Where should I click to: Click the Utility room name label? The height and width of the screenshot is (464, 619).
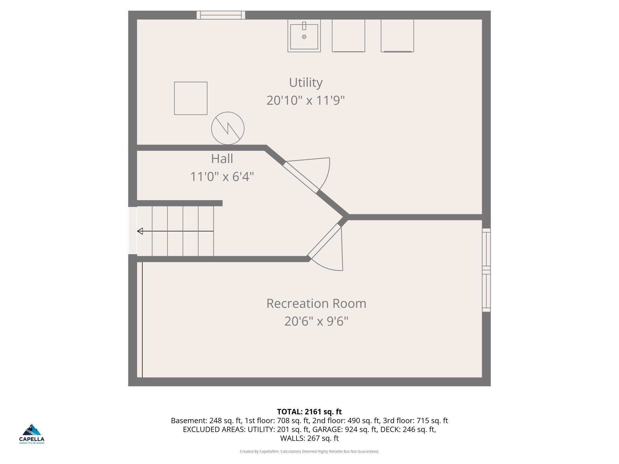pyautogui.click(x=306, y=82)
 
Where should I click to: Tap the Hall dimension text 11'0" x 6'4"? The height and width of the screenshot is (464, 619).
pyautogui.click(x=222, y=177)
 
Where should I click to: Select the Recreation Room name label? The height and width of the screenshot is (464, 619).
pyautogui.click(x=316, y=303)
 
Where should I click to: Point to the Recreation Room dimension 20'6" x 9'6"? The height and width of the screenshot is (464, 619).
pyautogui.click(x=316, y=321)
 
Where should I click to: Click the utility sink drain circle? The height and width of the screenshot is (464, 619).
pyautogui.click(x=304, y=37)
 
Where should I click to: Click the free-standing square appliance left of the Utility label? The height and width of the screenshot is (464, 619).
pyautogui.click(x=191, y=98)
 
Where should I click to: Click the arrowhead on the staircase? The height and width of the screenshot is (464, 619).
pyautogui.click(x=140, y=231)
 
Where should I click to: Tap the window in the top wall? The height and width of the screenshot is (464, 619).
pyautogui.click(x=221, y=15)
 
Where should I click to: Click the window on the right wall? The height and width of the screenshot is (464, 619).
pyautogui.click(x=486, y=270)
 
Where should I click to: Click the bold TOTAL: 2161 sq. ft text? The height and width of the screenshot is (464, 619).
pyautogui.click(x=309, y=412)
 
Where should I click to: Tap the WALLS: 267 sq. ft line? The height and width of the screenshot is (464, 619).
pyautogui.click(x=309, y=438)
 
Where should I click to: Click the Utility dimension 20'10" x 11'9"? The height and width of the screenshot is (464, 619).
pyautogui.click(x=306, y=100)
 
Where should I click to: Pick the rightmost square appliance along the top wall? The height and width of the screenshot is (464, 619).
pyautogui.click(x=397, y=36)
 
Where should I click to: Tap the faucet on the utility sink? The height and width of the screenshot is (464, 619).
pyautogui.click(x=304, y=26)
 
